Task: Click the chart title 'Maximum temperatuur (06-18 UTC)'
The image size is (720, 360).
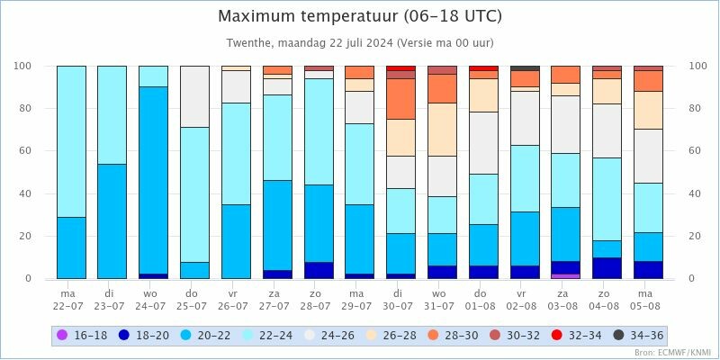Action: (x=360, y=17)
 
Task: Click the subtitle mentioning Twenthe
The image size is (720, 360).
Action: (x=360, y=43)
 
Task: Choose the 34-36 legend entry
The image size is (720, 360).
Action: (x=639, y=336)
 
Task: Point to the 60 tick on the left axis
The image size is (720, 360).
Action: (x=25, y=151)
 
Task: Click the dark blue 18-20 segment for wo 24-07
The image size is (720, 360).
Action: (x=153, y=276)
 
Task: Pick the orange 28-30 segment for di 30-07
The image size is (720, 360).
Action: (x=400, y=99)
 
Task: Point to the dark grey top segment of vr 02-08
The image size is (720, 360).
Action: (x=524, y=67)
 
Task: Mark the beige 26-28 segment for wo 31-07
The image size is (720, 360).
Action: (x=442, y=130)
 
